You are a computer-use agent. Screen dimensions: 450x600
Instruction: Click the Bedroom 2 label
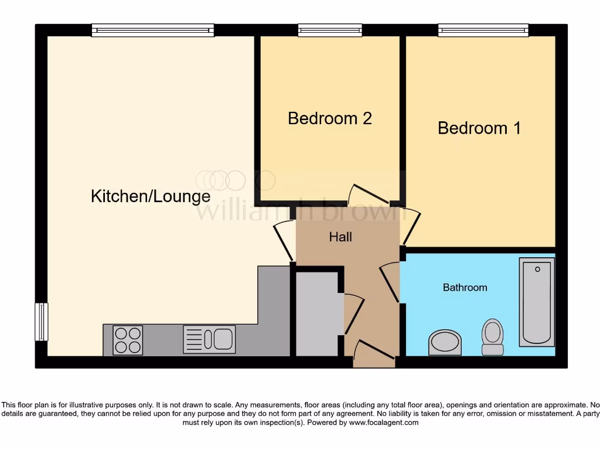[x=330, y=118]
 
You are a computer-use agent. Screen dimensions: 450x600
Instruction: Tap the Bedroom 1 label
[x=479, y=128]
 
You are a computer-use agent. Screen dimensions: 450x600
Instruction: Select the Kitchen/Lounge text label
[x=151, y=196]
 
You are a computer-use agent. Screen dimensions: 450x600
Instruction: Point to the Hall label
[x=340, y=237]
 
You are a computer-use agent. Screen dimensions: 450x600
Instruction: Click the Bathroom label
[x=465, y=288]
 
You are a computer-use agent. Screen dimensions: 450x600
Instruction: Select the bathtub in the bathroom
[x=536, y=302]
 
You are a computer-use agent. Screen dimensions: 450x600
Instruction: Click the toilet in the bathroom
[x=492, y=337]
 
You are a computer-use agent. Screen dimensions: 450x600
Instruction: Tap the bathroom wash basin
[x=445, y=342]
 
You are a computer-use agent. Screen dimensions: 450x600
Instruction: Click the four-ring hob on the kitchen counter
[x=127, y=340]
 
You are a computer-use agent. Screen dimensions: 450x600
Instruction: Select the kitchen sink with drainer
[x=209, y=339]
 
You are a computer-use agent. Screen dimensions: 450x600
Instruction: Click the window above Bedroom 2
[x=330, y=30]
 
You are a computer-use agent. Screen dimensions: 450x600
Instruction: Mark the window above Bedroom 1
[x=483, y=30]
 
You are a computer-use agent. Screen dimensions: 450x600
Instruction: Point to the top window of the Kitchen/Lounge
[x=153, y=30]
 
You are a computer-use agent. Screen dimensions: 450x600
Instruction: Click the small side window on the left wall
[x=41, y=322]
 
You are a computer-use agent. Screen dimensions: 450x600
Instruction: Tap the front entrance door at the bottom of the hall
[x=374, y=354]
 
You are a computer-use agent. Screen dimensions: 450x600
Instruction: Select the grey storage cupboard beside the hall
[x=316, y=313]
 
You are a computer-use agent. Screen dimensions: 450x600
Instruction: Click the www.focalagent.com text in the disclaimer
[x=384, y=422]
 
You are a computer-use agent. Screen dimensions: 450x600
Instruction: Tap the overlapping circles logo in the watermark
[x=229, y=180]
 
